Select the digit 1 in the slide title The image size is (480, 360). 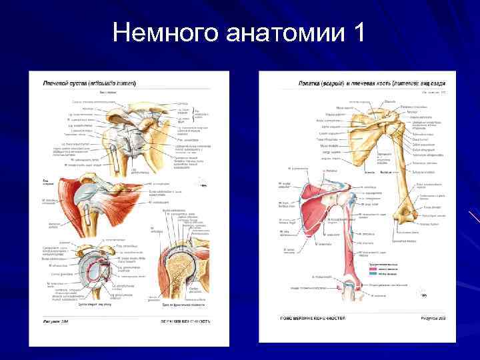pos(356,32)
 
